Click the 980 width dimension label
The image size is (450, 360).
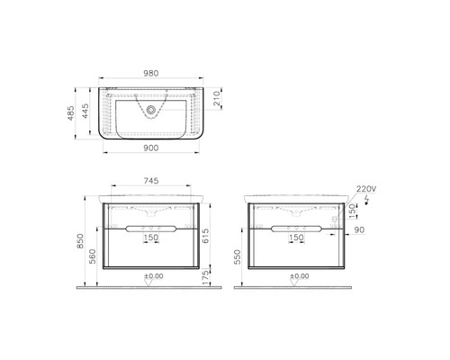click(150, 73)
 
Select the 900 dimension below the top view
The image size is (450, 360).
click(150, 148)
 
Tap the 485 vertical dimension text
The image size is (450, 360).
click(71, 112)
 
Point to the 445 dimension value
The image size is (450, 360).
click(85, 111)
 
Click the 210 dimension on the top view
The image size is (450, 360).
click(217, 98)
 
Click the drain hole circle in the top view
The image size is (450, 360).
click(151, 110)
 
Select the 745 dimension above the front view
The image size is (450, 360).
click(151, 181)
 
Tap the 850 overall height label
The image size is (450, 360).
click(80, 241)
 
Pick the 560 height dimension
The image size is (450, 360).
click(93, 256)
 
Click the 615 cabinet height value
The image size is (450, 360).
click(205, 236)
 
